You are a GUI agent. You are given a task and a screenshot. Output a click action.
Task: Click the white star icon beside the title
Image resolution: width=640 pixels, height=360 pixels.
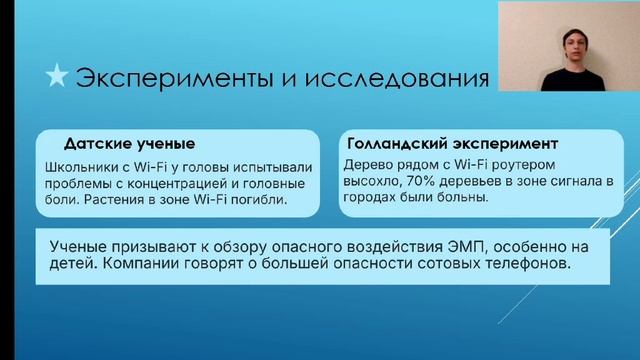[x=59, y=76]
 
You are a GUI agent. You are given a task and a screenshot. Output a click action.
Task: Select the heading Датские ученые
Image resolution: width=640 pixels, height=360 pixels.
[x=129, y=142]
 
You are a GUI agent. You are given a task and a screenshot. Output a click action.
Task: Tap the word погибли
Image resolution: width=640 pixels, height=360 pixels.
[x=257, y=200]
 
